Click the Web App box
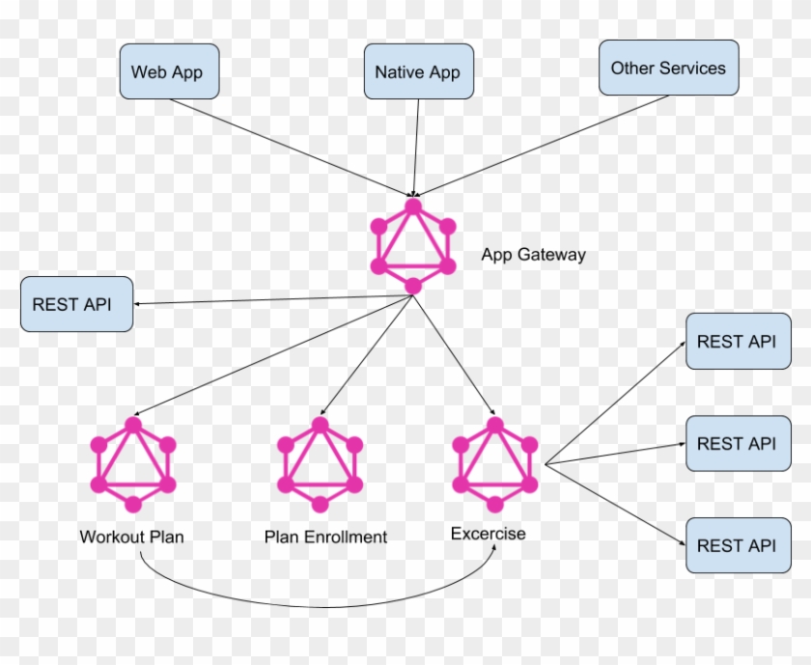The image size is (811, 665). (168, 71)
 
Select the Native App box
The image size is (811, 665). (417, 71)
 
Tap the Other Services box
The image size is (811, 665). (668, 68)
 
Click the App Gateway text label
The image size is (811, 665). (533, 255)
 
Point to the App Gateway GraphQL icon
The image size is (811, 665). (413, 246)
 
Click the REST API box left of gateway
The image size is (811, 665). (76, 304)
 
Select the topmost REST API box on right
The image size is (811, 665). (738, 341)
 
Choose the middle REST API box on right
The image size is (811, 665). (738, 443)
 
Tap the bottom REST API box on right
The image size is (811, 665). (738, 545)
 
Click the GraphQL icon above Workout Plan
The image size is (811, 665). (133, 465)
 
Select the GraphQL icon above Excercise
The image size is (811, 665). (494, 464)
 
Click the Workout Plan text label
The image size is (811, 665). (131, 537)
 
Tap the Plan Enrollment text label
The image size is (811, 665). (325, 537)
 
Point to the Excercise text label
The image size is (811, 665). (489, 533)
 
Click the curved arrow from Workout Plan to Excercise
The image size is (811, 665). (319, 607)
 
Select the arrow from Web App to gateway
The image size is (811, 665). (290, 146)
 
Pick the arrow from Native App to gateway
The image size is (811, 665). (417, 145)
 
